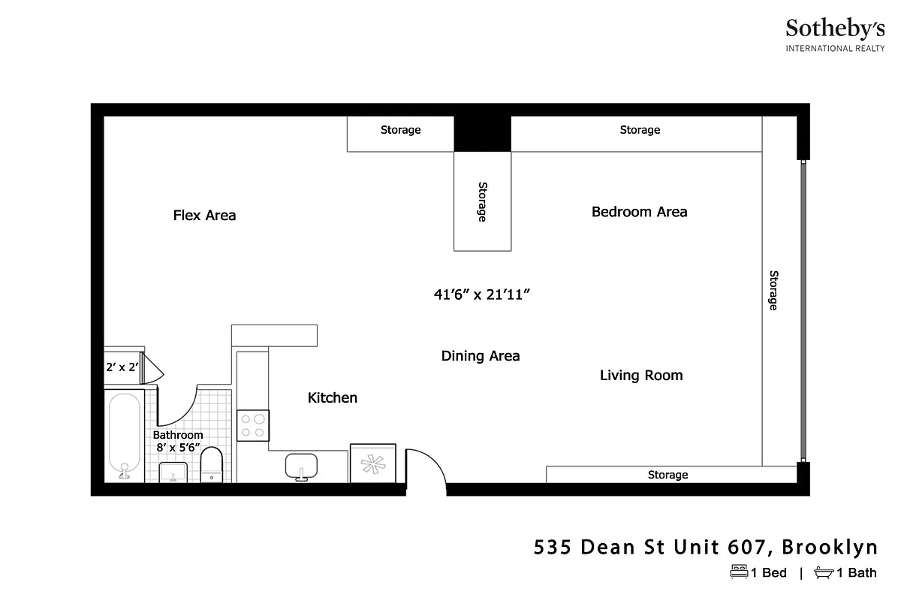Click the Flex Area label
coord(204,216)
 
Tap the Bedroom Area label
coord(639,212)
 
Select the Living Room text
coord(641,375)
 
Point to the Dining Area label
coord(481,356)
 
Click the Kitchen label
coord(333,397)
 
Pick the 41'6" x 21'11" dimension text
coord(482,295)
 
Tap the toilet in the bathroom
coord(212,465)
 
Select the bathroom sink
coord(173,473)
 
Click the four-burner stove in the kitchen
coord(253,425)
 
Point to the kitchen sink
coord(301,467)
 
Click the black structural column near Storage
coord(482,134)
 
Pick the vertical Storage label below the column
coord(482,201)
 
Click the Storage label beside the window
coord(773,290)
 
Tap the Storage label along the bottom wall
coord(667,475)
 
